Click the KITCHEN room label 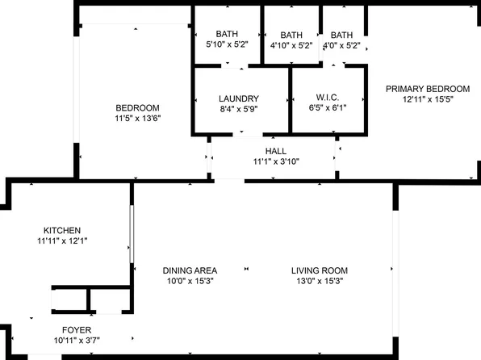point(62,230)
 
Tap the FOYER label point(77,330)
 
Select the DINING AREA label point(189,270)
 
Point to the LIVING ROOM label point(320,270)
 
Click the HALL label point(275,151)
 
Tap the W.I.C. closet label point(328,98)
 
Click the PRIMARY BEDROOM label point(427,89)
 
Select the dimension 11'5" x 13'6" point(137,118)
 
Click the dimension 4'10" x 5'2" point(291,45)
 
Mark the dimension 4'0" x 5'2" point(342,45)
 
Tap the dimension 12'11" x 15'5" point(427,99)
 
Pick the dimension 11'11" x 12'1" point(62,241)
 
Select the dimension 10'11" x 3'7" point(77,341)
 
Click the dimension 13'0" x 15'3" point(320,281)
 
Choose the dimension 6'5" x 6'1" point(328,108)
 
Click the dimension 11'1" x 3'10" point(275,161)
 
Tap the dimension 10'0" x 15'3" point(189,281)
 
